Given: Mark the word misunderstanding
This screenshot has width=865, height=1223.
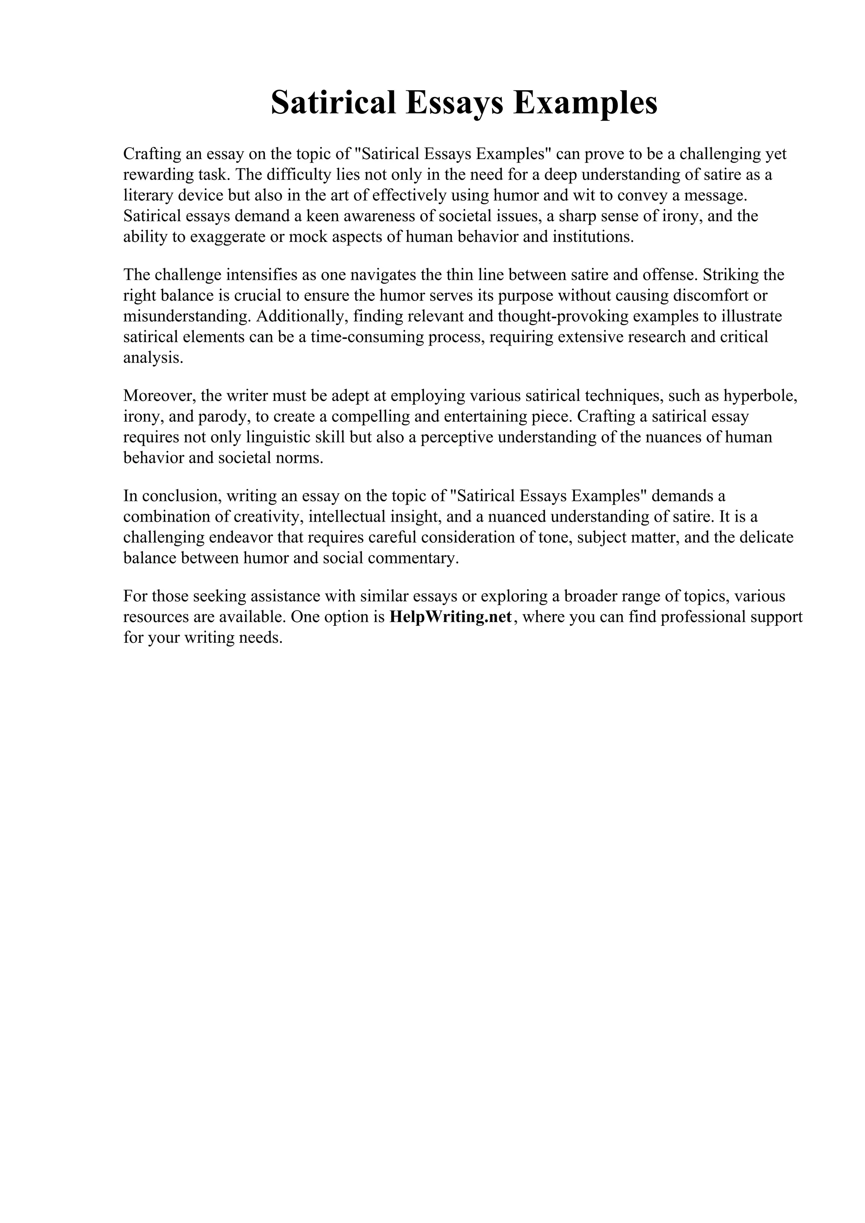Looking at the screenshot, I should (x=187, y=317).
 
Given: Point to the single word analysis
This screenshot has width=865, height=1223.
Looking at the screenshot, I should (x=153, y=357).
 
